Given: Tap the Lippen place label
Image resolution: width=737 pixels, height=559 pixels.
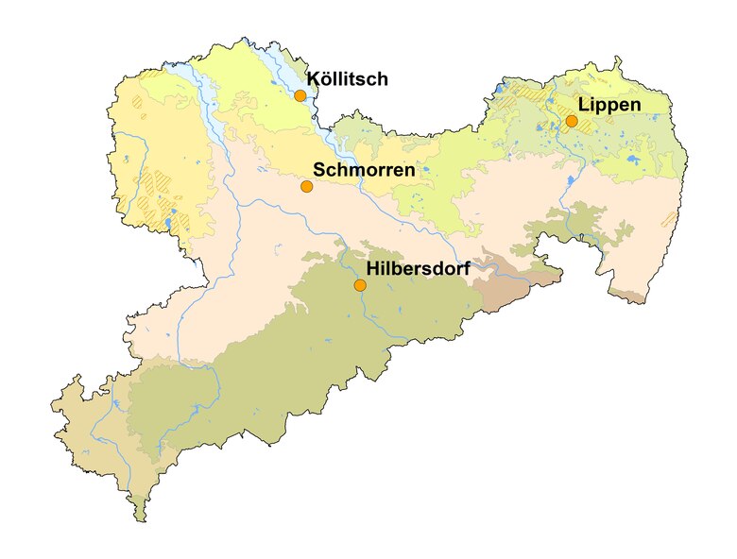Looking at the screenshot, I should coord(610,104).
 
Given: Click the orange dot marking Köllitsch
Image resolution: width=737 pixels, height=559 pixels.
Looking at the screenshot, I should coord(300,95).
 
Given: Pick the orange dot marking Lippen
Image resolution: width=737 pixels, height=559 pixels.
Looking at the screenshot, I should coord(572,121).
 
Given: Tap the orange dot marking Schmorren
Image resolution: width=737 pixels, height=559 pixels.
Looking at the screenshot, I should coord(306,186).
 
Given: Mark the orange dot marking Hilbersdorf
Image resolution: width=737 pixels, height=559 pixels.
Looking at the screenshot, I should coord(359,284).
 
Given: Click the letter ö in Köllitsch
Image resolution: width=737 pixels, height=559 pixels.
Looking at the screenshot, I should coord(326,79).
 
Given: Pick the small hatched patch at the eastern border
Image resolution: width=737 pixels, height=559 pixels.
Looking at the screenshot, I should coord(669,218).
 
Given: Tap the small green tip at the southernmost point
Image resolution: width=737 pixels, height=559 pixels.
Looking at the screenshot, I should coord(141,514).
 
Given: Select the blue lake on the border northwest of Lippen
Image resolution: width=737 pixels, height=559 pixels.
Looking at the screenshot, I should coord(499,92).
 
